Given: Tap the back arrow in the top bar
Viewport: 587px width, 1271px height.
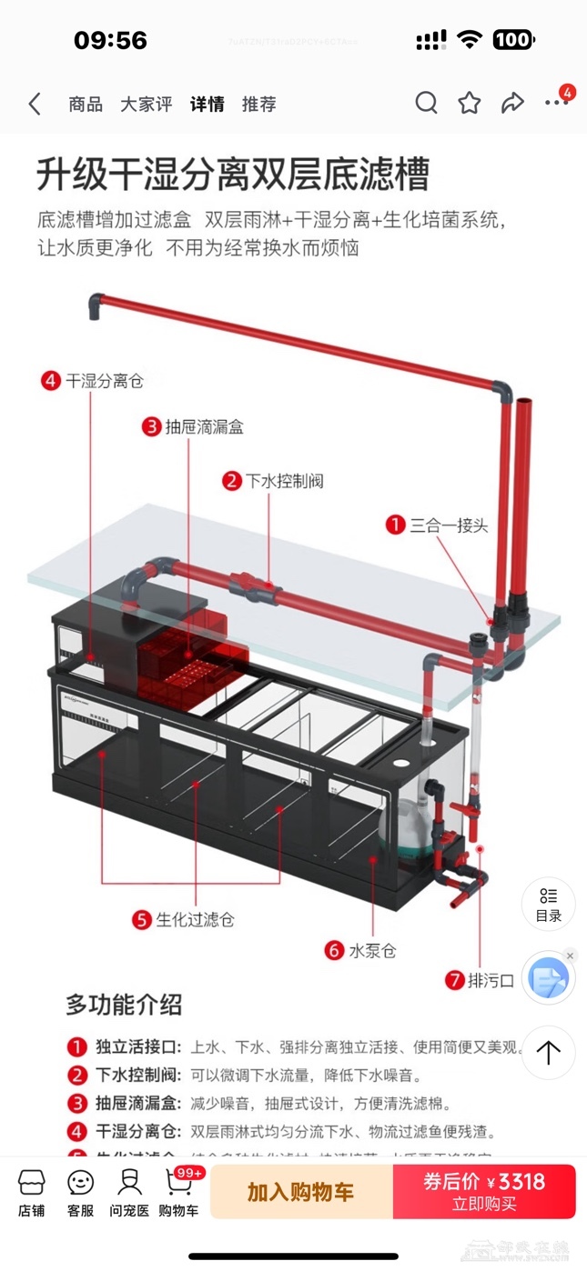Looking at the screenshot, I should (35, 104).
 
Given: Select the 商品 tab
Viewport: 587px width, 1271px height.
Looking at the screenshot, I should (86, 105).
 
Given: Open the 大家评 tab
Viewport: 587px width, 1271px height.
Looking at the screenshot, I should (146, 105).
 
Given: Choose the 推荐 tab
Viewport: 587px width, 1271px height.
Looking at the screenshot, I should (258, 105).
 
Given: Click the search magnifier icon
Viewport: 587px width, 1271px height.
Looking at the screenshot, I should (426, 104).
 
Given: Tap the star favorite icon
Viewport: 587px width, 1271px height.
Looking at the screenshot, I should (470, 104).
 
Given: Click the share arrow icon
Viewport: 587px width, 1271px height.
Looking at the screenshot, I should (512, 104).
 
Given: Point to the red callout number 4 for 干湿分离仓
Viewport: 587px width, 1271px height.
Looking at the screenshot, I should (51, 381).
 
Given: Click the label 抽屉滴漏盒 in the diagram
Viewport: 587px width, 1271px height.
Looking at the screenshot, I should (204, 426).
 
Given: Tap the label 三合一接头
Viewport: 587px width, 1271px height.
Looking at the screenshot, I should (449, 525).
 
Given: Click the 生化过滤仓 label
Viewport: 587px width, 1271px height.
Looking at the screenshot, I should (195, 919).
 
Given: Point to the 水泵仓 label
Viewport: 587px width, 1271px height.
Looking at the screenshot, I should (372, 951).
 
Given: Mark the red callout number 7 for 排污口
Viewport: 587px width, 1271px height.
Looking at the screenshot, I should (454, 980).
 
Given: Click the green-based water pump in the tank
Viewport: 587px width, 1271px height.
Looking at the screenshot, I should (400, 827).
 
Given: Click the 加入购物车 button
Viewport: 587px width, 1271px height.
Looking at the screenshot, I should (300, 1192).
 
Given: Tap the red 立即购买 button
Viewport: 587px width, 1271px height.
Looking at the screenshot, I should (484, 1192).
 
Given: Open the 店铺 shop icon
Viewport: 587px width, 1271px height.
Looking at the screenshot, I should (32, 1192).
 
